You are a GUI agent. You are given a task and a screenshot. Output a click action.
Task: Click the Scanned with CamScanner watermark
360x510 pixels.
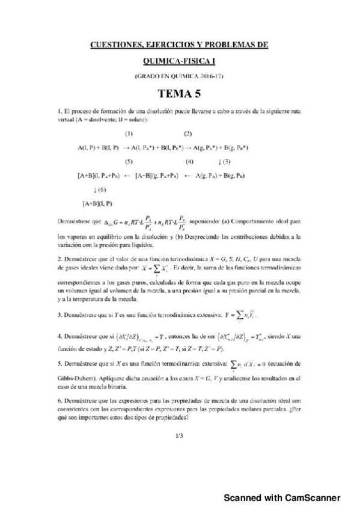click(282, 497)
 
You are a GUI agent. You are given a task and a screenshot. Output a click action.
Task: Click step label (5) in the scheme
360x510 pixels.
click(129, 161)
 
